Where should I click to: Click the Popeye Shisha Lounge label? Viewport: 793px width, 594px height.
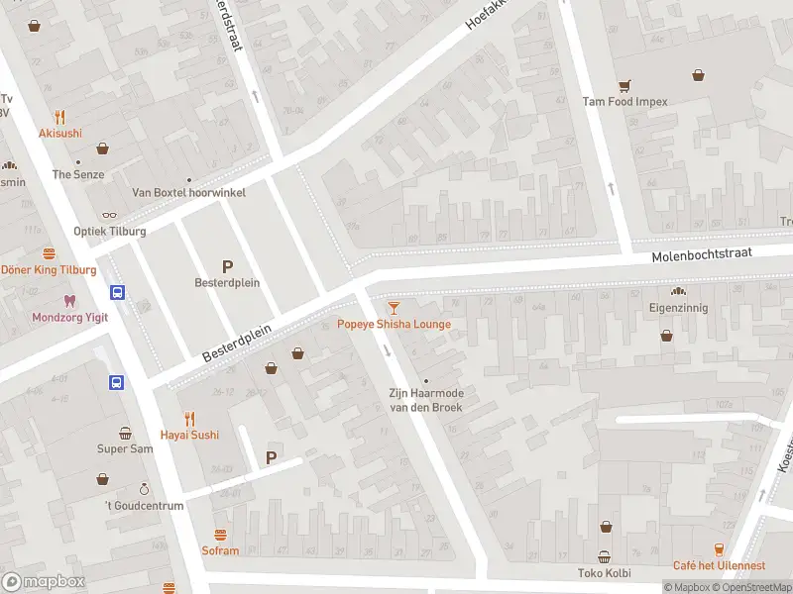(394, 325)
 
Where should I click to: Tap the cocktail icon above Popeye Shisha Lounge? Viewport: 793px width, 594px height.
(395, 308)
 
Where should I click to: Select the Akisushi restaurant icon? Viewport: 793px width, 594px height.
(60, 116)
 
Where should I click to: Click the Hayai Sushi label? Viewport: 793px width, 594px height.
(189, 435)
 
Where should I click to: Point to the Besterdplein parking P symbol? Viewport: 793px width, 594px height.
(227, 265)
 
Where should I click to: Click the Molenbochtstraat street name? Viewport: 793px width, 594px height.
(702, 255)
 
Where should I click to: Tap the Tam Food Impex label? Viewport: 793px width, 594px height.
(624, 101)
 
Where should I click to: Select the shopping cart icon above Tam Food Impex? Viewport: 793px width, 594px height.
(624, 85)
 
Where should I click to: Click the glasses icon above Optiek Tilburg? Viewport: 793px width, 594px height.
(109, 215)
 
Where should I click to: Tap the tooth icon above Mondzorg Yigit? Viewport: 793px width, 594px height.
(68, 301)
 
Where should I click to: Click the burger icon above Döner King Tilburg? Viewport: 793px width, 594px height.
(49, 253)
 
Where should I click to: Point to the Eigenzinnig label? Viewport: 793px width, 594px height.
(679, 308)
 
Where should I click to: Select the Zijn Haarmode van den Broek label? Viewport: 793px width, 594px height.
(425, 400)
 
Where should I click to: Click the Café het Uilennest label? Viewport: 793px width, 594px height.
(719, 565)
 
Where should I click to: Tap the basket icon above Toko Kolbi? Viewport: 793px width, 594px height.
(604, 556)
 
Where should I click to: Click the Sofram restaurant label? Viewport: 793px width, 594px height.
(220, 550)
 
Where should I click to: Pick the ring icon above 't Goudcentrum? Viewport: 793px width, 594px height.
(144, 489)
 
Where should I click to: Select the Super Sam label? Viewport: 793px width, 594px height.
(125, 448)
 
